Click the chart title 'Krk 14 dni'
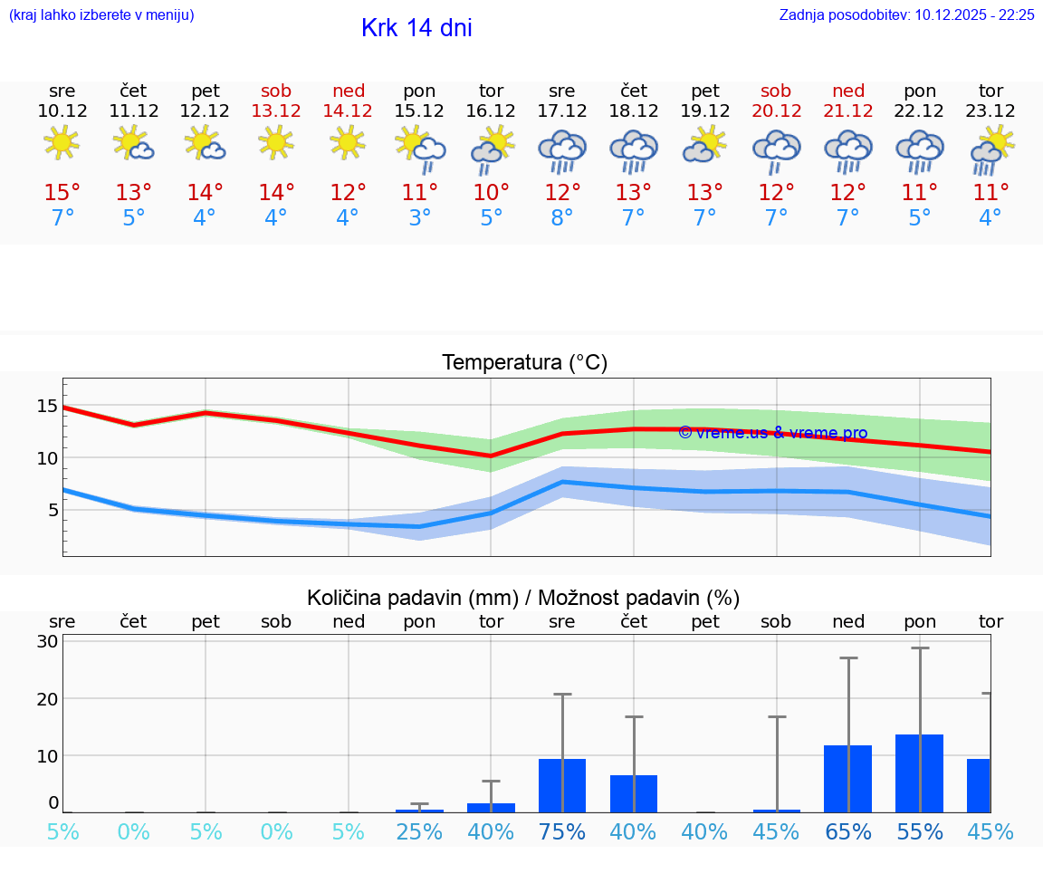(x=416, y=28)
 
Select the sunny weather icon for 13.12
(x=276, y=142)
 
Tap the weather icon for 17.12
(x=562, y=149)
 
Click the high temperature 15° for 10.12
(x=62, y=192)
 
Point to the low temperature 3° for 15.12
(x=419, y=218)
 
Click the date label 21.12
(x=848, y=110)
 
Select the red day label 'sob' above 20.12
(x=776, y=91)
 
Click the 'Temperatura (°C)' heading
(x=524, y=362)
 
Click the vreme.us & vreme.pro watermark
(x=772, y=433)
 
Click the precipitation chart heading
(x=523, y=598)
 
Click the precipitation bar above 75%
(x=562, y=785)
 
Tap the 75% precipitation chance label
(x=562, y=831)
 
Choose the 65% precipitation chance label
(x=848, y=831)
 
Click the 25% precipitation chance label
(x=419, y=831)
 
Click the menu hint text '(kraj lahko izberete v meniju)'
(x=101, y=14)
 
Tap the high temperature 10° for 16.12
(x=491, y=192)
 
